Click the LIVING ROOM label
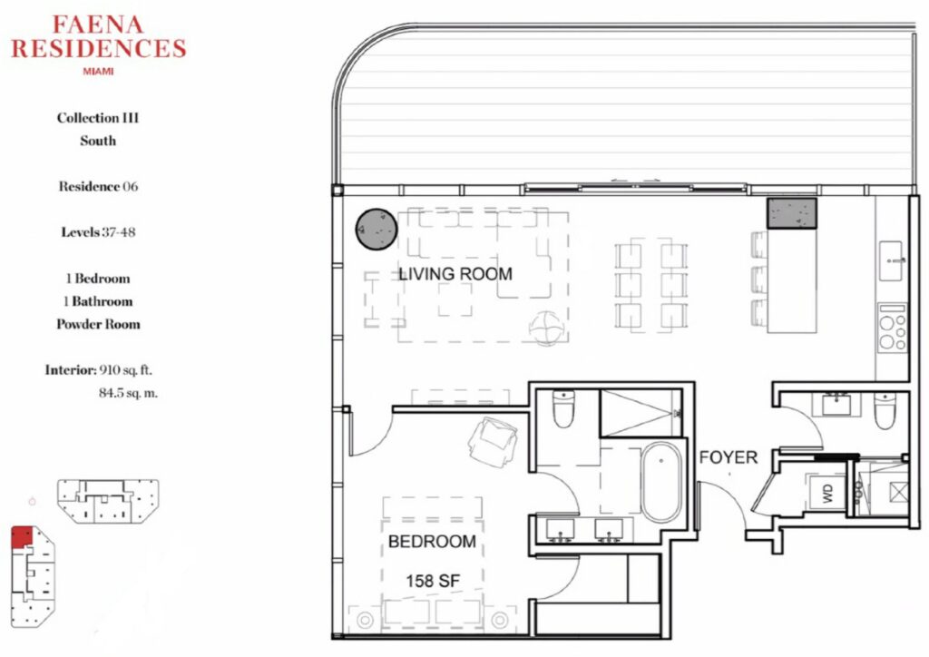(455, 274)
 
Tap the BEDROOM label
(432, 542)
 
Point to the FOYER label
(729, 457)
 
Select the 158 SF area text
(433, 581)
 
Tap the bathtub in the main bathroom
(661, 482)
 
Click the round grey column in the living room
(376, 230)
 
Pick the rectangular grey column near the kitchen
(791, 213)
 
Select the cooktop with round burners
(893, 328)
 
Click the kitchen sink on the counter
(891, 260)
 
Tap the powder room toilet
(884, 410)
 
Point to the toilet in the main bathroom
(562, 408)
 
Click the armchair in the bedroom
(492, 441)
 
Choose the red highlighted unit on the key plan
(22, 536)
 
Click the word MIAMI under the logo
(98, 71)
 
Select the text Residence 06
(98, 187)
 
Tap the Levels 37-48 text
(98, 231)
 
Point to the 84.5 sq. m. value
(128, 393)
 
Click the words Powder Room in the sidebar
(98, 324)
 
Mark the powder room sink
(836, 406)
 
